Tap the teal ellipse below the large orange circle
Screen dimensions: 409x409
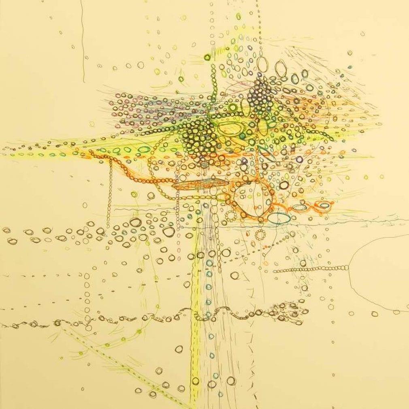coord(279,218)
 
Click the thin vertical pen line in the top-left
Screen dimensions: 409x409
coord(83,40)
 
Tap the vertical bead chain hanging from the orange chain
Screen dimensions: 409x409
coord(110,190)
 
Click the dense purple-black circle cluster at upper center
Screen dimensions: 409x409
coord(259,95)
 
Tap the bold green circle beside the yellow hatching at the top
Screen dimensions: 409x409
coord(207,57)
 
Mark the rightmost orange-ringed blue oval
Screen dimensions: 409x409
coord(324,205)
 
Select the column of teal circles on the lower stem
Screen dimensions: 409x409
coord(209,300)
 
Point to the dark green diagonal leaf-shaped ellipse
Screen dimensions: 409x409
coord(266,154)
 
